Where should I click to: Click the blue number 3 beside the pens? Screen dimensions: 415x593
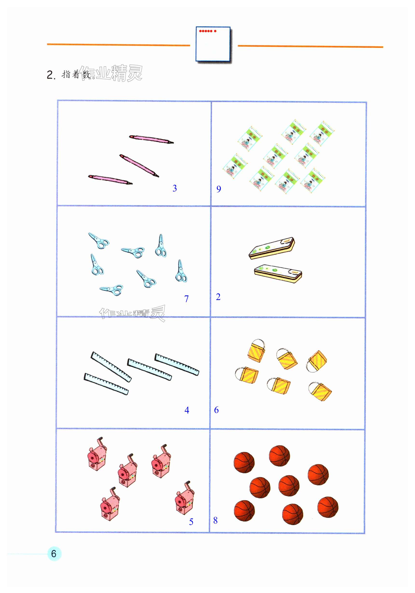[x=175, y=188]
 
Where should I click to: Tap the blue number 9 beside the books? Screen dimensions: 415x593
[x=218, y=189]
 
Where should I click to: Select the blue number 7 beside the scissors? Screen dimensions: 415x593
[x=187, y=299]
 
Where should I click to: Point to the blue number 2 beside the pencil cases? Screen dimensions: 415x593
[x=218, y=297]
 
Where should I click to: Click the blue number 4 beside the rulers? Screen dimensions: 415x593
[x=187, y=410]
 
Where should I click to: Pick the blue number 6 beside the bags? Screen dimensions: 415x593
[x=216, y=410]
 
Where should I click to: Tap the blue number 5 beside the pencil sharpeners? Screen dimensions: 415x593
[x=191, y=522]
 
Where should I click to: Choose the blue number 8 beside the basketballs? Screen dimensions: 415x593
[x=215, y=520]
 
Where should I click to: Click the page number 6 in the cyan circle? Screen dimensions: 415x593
[x=54, y=554]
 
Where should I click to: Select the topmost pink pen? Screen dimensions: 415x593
[x=151, y=139]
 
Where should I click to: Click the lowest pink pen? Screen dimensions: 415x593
[x=110, y=180]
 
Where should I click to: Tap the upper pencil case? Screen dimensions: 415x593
[x=272, y=248]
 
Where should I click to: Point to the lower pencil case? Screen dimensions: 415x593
[x=278, y=273]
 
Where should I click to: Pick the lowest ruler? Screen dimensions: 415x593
[x=106, y=384]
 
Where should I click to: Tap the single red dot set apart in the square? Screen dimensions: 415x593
[x=215, y=31]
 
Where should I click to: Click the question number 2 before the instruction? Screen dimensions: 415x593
[x=51, y=75]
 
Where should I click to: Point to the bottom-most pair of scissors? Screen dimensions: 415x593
[x=111, y=290]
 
